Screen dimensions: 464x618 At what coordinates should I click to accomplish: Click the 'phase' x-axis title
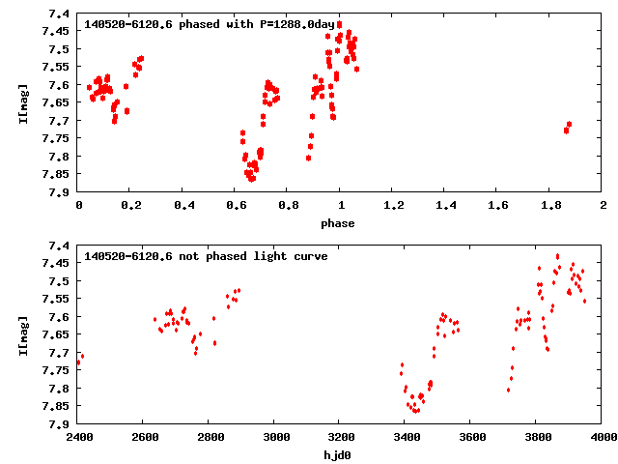coord(338,223)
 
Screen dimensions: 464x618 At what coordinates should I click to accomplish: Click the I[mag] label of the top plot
coord(22,104)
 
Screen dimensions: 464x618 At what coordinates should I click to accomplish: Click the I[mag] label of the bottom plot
coord(22,333)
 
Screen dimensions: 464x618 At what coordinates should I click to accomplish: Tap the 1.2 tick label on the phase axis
coord(393,206)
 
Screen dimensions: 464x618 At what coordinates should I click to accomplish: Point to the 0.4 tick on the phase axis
coord(183,206)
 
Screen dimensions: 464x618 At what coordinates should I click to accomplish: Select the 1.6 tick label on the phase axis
coord(498,206)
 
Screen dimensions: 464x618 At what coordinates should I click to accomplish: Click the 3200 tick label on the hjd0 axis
coord(341,436)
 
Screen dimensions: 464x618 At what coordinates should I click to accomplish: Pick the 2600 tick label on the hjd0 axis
coord(144,436)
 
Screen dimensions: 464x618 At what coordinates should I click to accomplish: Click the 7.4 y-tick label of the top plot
coord(59,14)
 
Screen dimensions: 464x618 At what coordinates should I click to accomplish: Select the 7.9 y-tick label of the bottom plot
coord(59,424)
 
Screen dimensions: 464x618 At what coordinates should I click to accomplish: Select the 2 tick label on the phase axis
coord(603,206)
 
